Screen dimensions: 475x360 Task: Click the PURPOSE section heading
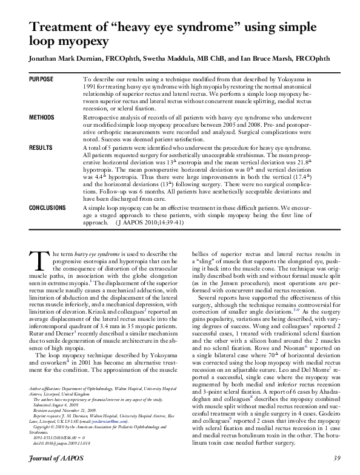click(x=41, y=79)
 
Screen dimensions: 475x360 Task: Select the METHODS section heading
click(x=42, y=117)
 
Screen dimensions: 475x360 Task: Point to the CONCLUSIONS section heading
click(x=48, y=208)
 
